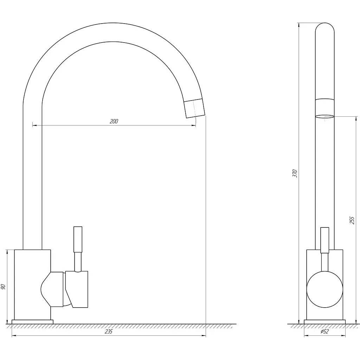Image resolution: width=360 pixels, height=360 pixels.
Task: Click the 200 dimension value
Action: (114, 121)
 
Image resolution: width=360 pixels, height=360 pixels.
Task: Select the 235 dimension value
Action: (109, 332)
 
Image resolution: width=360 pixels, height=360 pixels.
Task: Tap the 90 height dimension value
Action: (3, 287)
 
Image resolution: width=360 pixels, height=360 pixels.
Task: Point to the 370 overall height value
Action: (295, 173)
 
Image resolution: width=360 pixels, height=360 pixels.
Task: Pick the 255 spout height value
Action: (352, 220)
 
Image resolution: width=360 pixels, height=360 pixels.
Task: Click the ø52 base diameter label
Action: (324, 332)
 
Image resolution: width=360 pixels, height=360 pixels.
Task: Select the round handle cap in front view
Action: (324, 290)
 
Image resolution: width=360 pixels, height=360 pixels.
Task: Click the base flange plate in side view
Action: (324, 322)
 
